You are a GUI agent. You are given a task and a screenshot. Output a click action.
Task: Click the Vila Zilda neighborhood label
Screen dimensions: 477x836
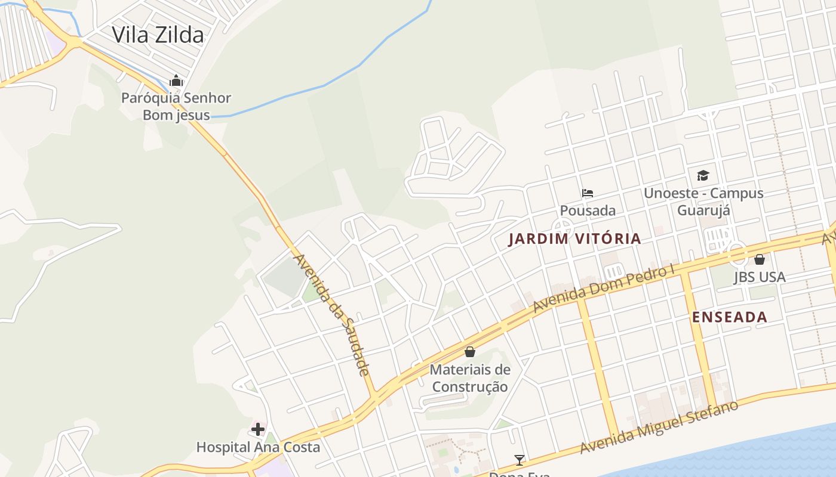coord(158,35)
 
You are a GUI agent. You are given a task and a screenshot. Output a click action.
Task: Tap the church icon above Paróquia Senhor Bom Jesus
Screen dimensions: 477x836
coord(176,80)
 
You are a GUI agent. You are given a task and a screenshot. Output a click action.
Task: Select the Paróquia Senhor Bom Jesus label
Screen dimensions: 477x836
coord(176,106)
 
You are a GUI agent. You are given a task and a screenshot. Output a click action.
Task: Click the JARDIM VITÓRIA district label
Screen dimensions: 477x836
coord(574,239)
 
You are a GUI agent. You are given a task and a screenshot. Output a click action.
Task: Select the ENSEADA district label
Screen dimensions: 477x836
coord(729,317)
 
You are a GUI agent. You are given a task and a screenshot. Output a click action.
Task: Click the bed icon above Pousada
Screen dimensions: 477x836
coord(588,193)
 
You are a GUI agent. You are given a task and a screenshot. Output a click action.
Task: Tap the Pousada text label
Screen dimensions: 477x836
coord(588,210)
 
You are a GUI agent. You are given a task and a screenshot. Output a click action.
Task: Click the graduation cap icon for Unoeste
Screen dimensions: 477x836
coord(703,176)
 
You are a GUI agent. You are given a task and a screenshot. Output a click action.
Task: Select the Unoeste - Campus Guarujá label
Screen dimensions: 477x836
coord(703,202)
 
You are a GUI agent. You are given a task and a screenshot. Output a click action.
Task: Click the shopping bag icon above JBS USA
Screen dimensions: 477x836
coord(760,259)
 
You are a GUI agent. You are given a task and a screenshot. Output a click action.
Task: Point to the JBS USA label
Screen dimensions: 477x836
coord(760,277)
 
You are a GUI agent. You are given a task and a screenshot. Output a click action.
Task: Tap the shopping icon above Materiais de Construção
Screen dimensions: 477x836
coord(470,352)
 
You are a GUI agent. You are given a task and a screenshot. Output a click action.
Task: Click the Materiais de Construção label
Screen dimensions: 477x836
coord(470,378)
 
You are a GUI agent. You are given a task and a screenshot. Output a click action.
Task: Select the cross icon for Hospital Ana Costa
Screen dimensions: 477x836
coord(258,429)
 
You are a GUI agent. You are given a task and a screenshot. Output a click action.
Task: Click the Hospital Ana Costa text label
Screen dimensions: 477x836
coord(258,447)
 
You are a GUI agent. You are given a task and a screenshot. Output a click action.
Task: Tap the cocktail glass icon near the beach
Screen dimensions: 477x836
coord(520,460)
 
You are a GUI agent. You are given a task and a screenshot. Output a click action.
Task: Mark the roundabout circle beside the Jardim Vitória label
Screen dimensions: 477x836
coord(561,227)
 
